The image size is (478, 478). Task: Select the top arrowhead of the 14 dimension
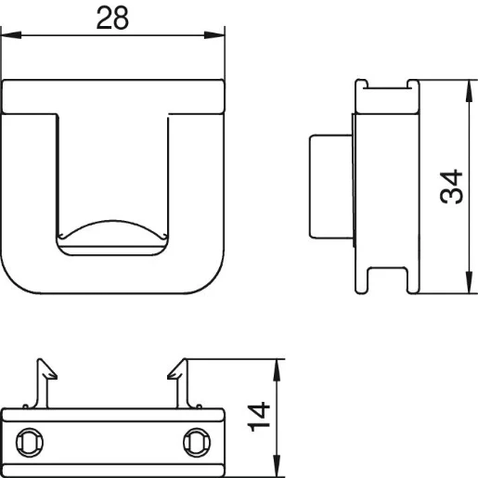(275, 367)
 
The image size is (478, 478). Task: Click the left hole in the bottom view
(31, 440)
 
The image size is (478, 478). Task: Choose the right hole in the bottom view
(196, 440)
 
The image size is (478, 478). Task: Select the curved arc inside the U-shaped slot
(113, 228)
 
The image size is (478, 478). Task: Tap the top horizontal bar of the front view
(113, 97)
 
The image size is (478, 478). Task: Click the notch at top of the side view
(388, 87)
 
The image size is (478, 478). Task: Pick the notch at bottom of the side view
(388, 282)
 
